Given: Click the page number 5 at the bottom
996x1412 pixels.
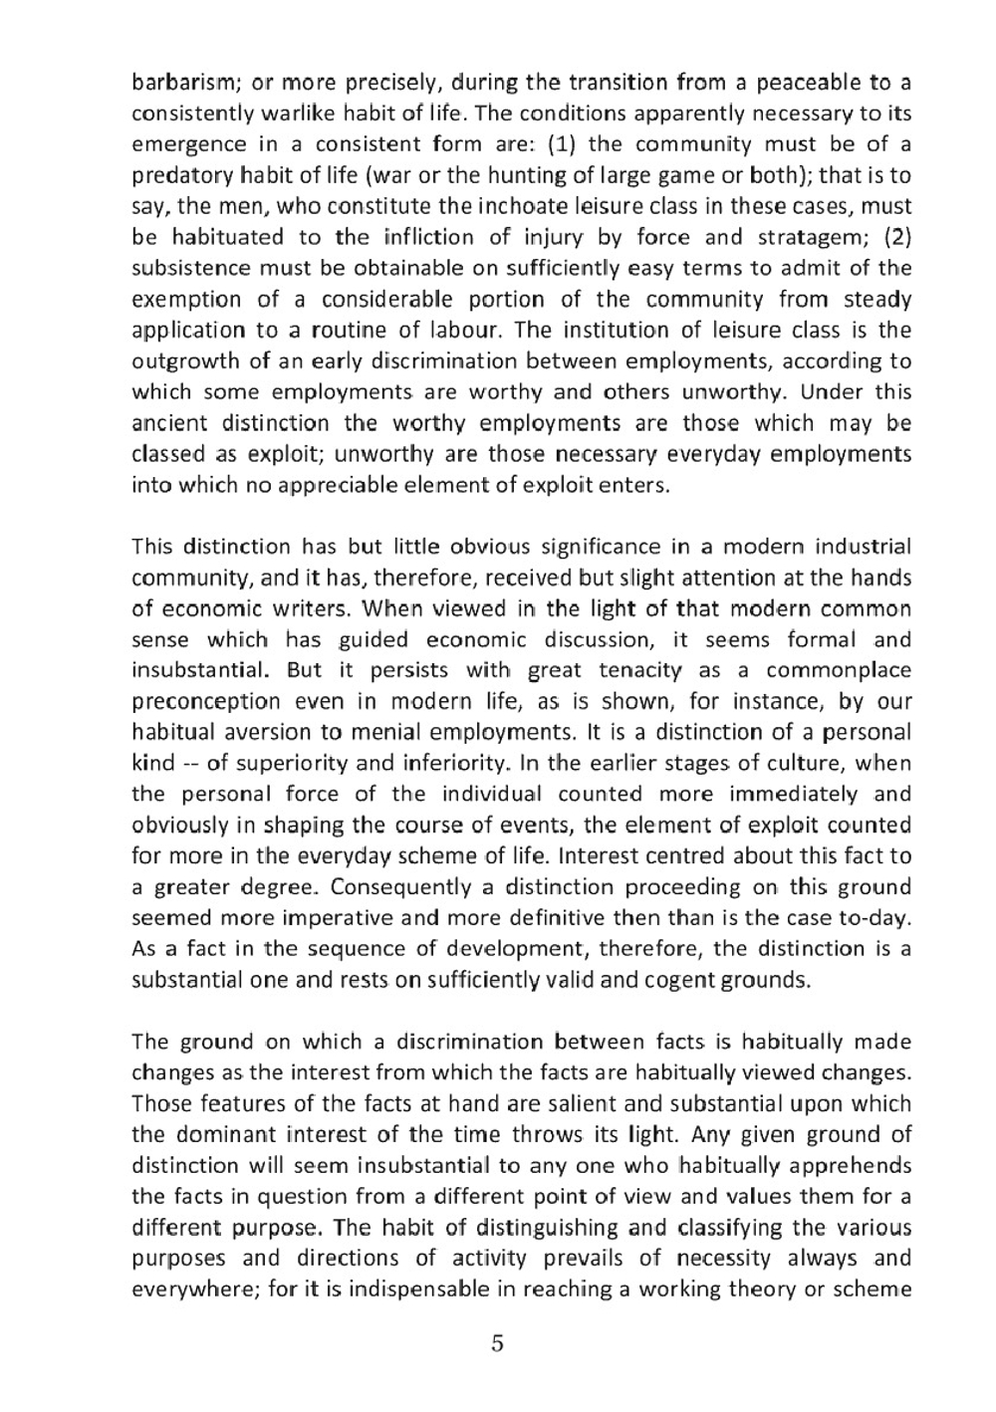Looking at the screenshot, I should point(497,1343).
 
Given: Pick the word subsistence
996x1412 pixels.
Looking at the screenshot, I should point(191,268).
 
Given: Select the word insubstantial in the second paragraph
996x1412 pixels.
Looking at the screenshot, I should point(193,670).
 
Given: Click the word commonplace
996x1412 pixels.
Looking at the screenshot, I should point(839,670).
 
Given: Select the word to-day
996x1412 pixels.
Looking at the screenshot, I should point(879,918).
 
